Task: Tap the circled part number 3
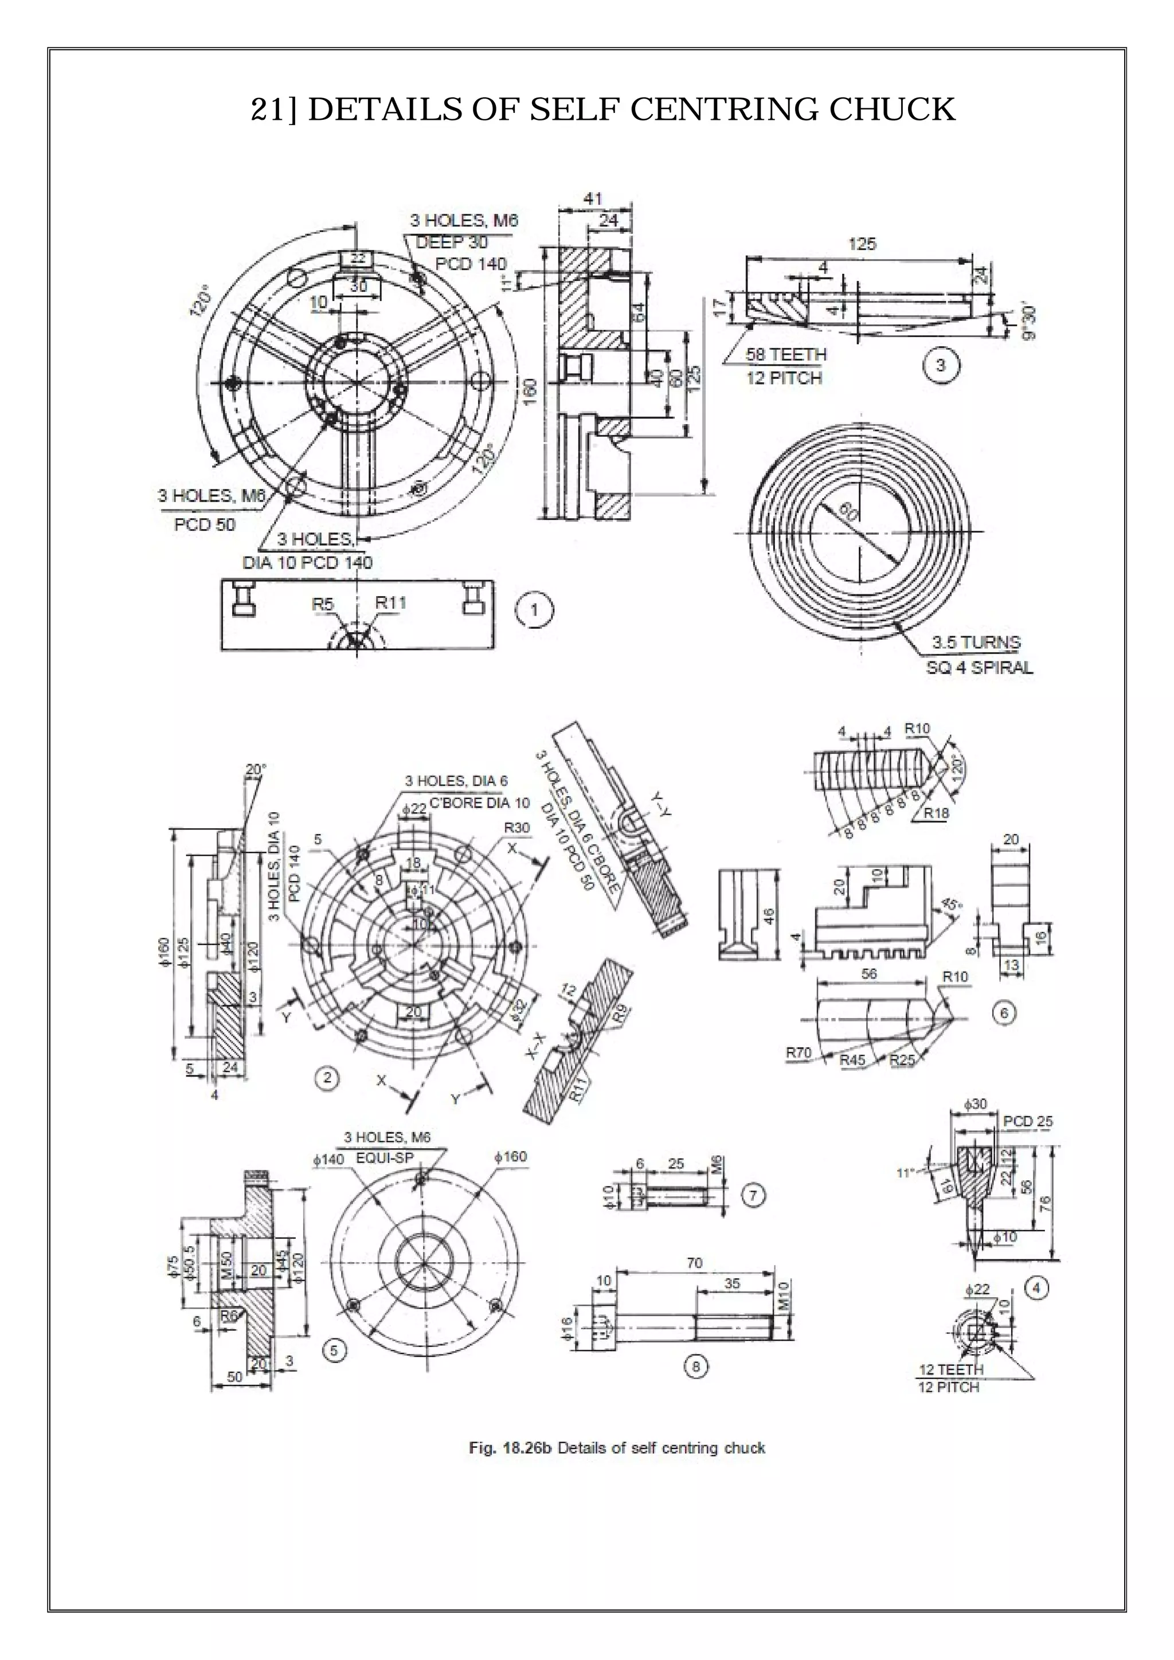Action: pyautogui.click(x=940, y=366)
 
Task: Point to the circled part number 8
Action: pyautogui.click(x=695, y=1366)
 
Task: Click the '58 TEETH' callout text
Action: pyautogui.click(x=786, y=354)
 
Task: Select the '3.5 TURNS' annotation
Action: pyautogui.click(x=976, y=642)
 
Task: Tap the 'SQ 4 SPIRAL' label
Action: pyautogui.click(x=979, y=667)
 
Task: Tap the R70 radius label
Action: pyautogui.click(x=799, y=1052)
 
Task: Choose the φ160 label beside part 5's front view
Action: pyautogui.click(x=510, y=1157)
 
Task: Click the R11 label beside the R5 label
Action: pyautogui.click(x=390, y=602)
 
